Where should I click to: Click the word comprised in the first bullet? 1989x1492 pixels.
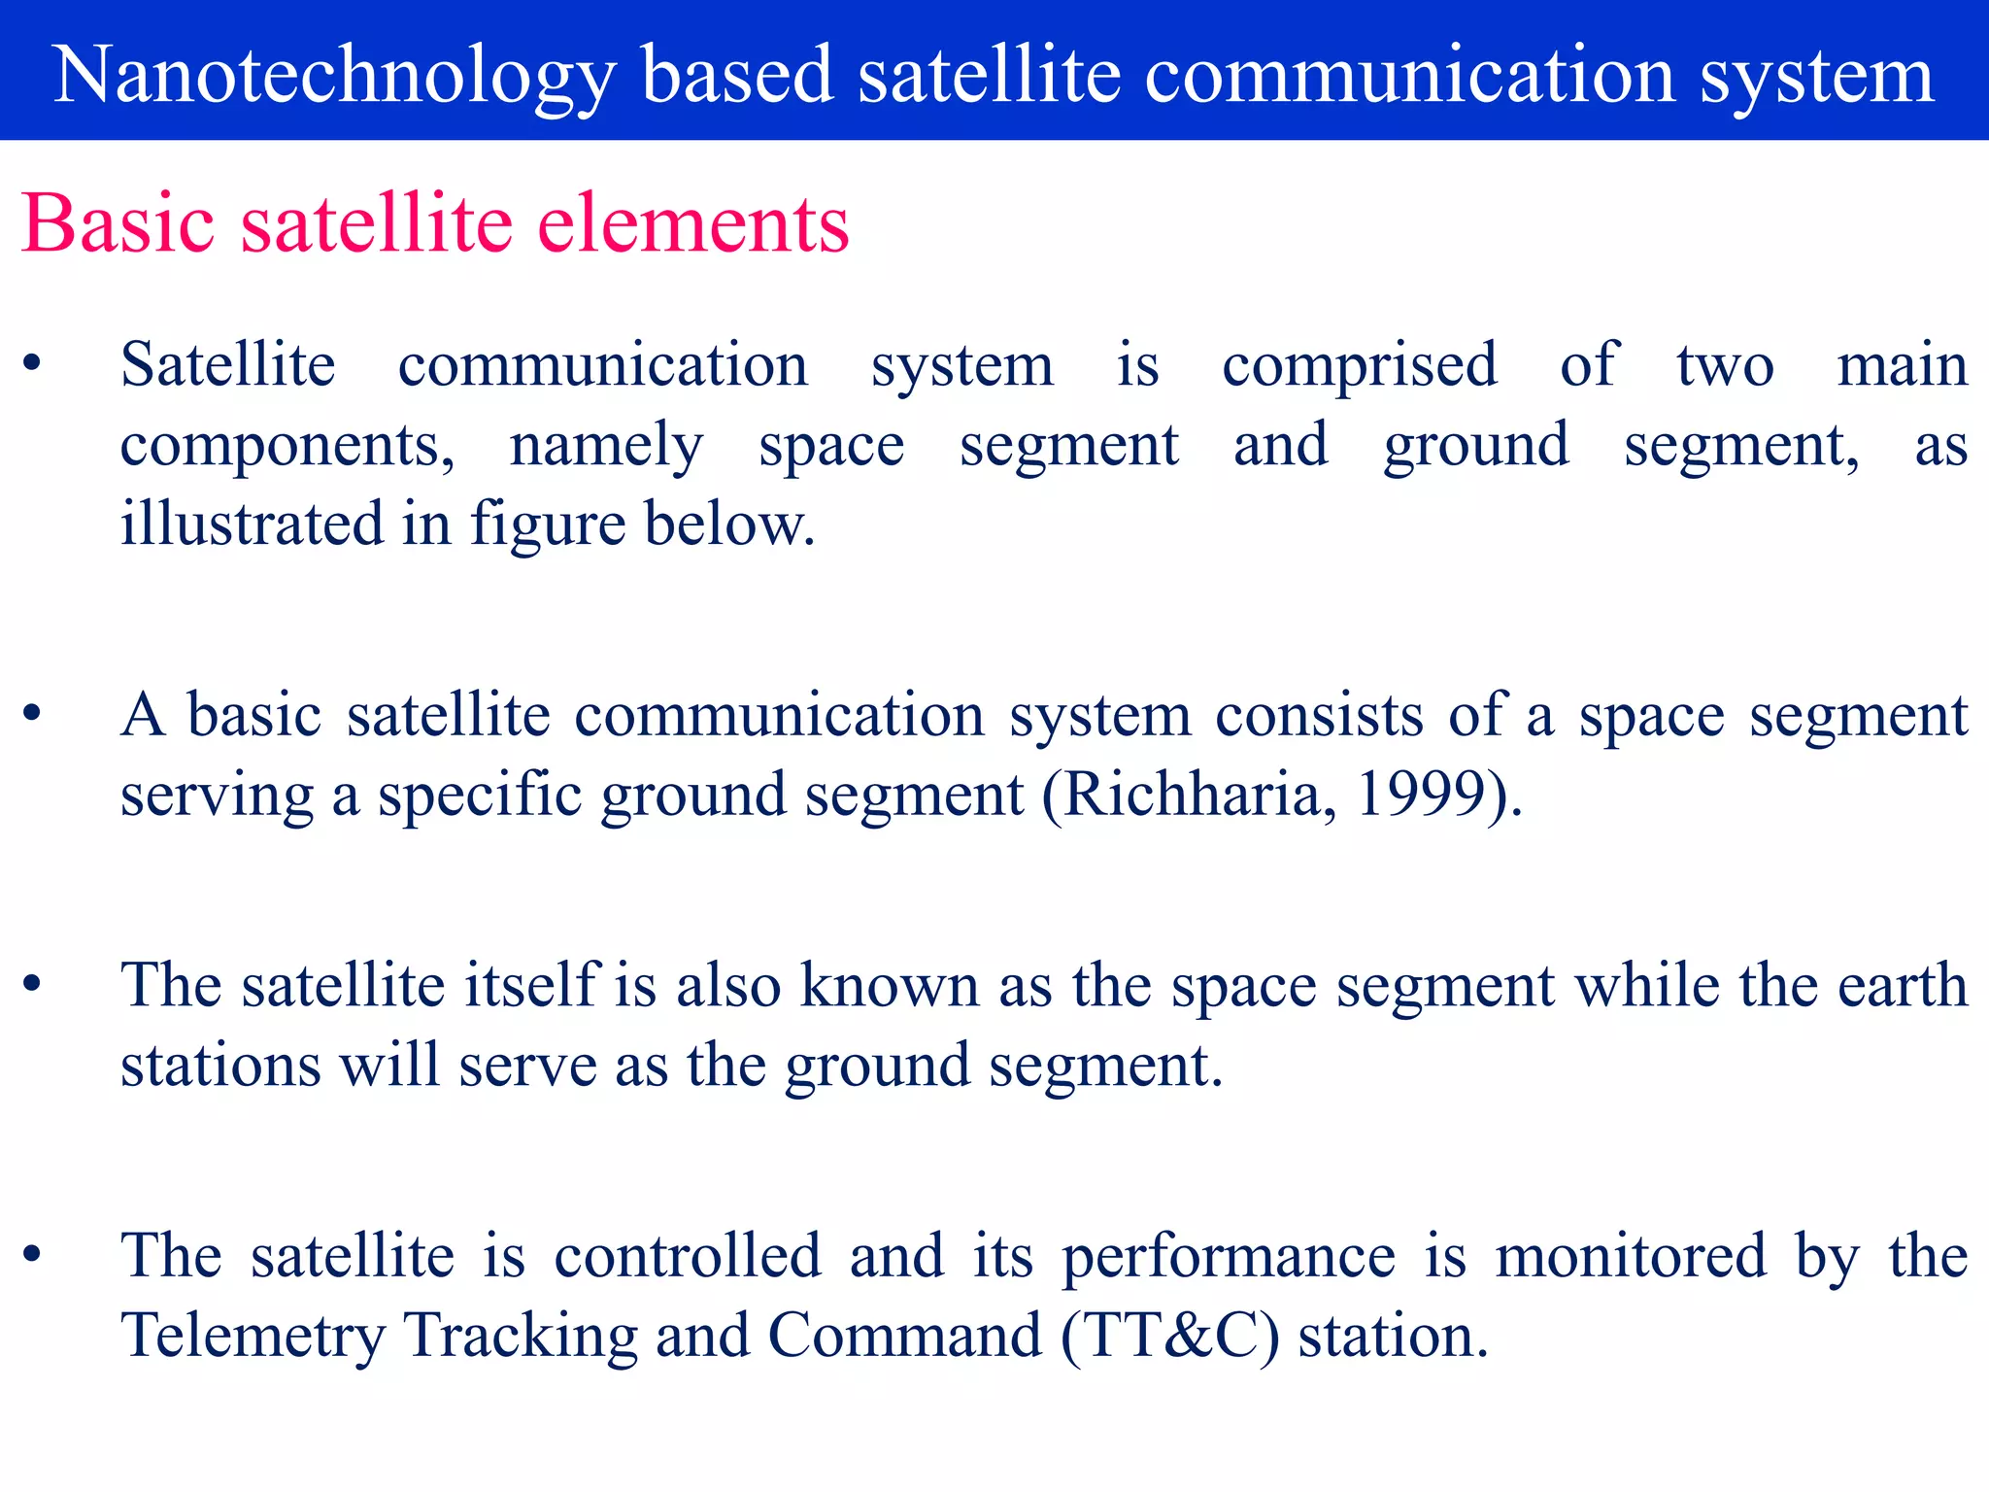pyautogui.click(x=1360, y=367)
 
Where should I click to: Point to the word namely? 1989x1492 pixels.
pyautogui.click(x=606, y=447)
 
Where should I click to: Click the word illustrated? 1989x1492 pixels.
pyautogui.click(x=252, y=524)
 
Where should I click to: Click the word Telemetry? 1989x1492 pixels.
pyautogui.click(x=253, y=1337)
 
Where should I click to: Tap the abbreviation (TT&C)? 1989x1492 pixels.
pyautogui.click(x=1170, y=1337)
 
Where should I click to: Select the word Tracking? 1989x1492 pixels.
pyautogui.click(x=521, y=1337)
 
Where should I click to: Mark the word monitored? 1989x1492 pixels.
pyautogui.click(x=1631, y=1256)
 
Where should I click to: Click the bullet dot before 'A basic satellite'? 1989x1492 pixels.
pyautogui.click(x=33, y=714)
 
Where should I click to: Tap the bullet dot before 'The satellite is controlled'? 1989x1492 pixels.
pyautogui.click(x=33, y=1254)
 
